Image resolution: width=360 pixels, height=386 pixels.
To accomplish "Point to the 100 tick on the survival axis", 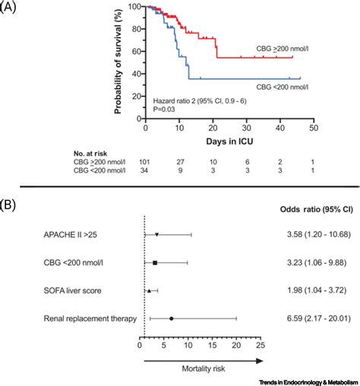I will point(136,7).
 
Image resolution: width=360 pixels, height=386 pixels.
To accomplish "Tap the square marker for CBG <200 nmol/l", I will point(155,262).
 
